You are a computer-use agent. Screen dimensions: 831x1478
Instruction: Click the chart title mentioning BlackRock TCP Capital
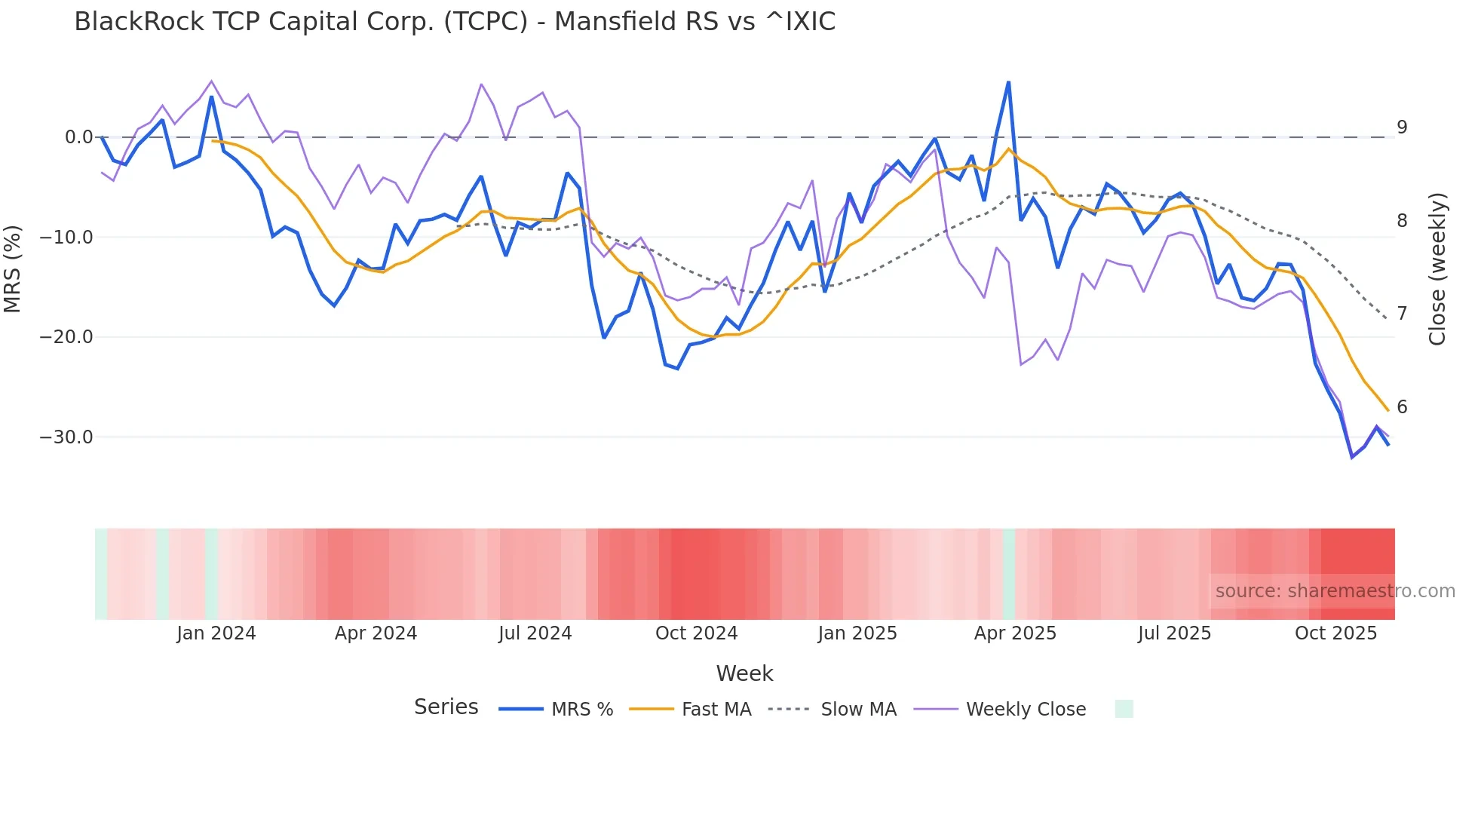[x=455, y=22]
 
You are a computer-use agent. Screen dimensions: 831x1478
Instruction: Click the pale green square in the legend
[x=1124, y=709]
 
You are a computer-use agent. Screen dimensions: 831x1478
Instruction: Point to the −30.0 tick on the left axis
[x=66, y=437]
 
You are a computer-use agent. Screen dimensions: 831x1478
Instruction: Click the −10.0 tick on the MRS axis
[x=66, y=238]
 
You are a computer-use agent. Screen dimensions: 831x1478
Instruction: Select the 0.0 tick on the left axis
[x=78, y=137]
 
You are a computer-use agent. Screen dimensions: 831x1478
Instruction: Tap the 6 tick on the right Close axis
[x=1402, y=407]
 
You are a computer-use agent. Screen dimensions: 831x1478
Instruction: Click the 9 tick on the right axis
[x=1402, y=127]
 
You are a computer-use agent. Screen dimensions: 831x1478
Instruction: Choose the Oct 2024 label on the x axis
[x=696, y=633]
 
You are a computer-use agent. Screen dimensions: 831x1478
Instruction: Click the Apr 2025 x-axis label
[x=1015, y=633]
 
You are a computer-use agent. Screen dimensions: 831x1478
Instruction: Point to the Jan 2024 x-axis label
[x=216, y=633]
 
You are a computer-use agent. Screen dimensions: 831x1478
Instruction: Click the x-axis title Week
[x=744, y=673]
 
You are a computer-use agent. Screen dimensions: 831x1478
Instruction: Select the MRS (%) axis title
[x=13, y=269]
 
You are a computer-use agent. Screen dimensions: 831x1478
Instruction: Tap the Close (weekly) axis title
[x=1437, y=269]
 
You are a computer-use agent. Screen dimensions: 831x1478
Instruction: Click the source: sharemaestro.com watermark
[x=1335, y=591]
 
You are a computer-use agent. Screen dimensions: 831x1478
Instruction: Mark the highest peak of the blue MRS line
[x=1008, y=82]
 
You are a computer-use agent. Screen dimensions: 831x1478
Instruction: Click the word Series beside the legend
[x=446, y=707]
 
